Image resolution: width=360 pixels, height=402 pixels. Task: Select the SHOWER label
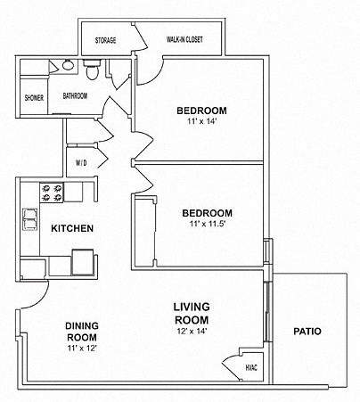(35, 97)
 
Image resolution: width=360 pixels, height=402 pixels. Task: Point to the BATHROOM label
(75, 95)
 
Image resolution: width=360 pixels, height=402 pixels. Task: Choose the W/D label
(81, 162)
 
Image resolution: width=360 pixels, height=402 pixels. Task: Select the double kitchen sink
(30, 217)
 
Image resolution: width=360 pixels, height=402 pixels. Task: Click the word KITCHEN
(72, 229)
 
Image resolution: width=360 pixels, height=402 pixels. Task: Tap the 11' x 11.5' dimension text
(207, 225)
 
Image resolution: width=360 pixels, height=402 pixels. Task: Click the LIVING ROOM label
(191, 313)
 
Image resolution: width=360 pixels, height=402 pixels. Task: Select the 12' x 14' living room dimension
(191, 332)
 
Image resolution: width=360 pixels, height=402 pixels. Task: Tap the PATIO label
(307, 332)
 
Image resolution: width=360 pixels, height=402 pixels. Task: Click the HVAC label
(250, 366)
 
